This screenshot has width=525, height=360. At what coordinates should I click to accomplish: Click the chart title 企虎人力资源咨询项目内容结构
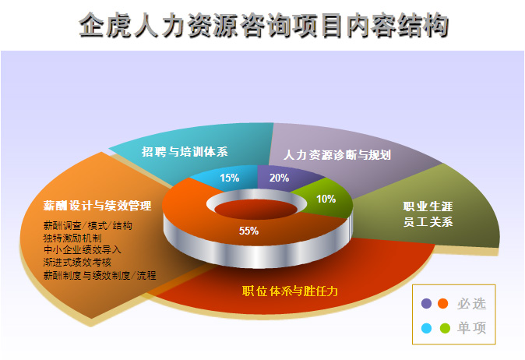point(263,25)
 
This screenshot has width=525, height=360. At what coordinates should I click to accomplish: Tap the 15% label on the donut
point(229,178)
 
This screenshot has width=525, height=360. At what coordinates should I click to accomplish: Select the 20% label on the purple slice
point(279,178)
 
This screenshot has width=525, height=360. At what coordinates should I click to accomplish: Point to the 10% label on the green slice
point(326,199)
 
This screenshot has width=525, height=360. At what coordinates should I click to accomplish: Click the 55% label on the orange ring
point(248,231)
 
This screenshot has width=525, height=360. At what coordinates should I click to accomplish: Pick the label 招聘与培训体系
point(185,152)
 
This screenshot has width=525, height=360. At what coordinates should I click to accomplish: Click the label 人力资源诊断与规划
point(337,155)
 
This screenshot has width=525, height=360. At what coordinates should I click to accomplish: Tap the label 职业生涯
point(428,206)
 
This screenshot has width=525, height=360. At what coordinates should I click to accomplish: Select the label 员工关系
point(428,222)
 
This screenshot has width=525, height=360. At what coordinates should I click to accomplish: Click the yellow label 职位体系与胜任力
point(290,291)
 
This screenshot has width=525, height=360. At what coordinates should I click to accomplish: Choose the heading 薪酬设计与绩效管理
point(97,205)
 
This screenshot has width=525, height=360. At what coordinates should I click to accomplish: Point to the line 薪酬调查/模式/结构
point(88,225)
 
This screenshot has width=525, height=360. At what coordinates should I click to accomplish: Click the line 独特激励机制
point(72,238)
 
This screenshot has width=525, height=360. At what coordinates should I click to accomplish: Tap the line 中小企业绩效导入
point(82,250)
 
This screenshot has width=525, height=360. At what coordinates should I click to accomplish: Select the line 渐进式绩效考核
point(77,263)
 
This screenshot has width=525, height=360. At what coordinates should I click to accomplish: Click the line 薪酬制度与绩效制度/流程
point(100,275)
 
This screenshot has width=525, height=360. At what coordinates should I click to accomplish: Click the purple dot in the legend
point(426,303)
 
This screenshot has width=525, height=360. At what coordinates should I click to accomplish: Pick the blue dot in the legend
point(426,328)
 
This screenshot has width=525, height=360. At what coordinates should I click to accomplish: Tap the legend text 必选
point(471,304)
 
